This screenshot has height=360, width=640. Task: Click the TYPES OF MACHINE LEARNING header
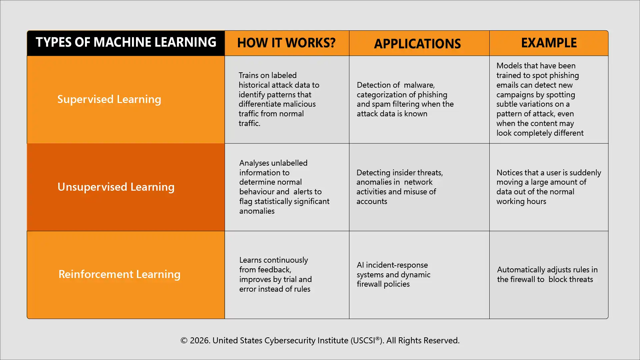[126, 42]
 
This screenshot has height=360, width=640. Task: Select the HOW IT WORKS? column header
[286, 43]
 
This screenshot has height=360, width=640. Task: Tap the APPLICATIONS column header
[417, 44]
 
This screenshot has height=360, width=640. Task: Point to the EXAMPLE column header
[549, 43]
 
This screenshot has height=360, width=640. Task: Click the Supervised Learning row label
[109, 99]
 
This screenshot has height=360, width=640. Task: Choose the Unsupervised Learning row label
[116, 187]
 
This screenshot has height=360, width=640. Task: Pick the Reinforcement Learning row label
[119, 274]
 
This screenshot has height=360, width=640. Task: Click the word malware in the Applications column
[419, 85]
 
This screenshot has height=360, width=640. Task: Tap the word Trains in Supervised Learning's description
[249, 75]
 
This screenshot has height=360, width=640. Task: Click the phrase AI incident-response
[392, 265]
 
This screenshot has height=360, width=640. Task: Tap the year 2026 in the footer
[199, 340]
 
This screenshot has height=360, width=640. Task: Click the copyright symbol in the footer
[184, 340]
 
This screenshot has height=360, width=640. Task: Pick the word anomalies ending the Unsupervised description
[257, 211]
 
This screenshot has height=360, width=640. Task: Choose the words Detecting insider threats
[399, 173]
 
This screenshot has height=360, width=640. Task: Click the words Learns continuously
[273, 260]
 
